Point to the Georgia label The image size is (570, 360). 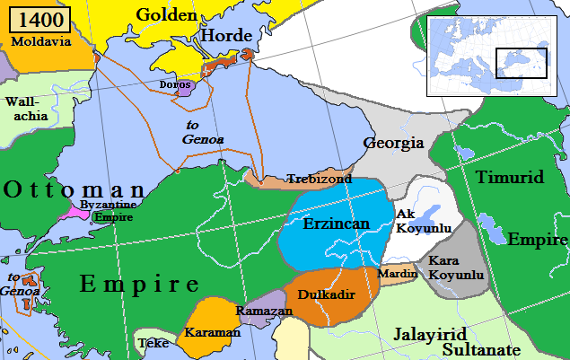click(x=393, y=143)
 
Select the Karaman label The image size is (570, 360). click(x=213, y=332)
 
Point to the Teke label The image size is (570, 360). click(x=153, y=343)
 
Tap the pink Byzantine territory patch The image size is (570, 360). click(x=68, y=213)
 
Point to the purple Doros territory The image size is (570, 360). click(x=185, y=88)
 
